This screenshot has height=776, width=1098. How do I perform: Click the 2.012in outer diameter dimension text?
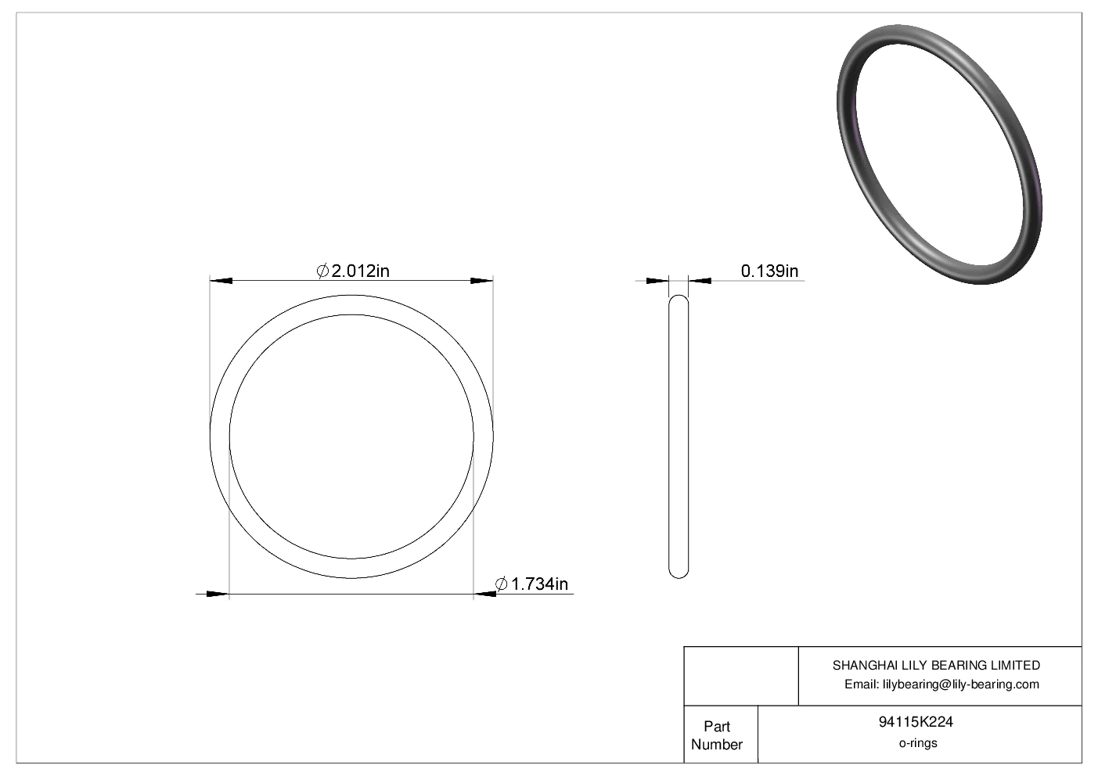click(361, 271)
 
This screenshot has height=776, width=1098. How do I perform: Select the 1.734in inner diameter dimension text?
click(539, 584)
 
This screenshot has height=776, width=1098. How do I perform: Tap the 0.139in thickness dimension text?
click(769, 271)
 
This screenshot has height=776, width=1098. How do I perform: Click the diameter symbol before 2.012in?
click(322, 271)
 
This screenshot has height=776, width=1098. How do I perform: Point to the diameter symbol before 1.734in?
click(502, 584)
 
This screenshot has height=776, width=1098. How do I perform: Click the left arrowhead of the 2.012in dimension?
click(221, 280)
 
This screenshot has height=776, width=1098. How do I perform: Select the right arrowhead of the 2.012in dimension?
click(481, 280)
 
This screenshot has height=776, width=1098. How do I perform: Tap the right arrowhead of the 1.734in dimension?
click(485, 595)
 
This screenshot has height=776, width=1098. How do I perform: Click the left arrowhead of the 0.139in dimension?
click(658, 281)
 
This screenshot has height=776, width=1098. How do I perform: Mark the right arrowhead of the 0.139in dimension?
click(700, 281)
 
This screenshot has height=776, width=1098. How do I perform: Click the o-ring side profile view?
click(679, 436)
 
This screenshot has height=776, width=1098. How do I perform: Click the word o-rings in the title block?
click(917, 743)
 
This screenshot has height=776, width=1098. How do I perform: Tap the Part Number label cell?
click(717, 735)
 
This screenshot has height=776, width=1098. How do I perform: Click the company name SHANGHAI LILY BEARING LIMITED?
click(936, 666)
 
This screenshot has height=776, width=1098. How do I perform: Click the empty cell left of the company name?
click(740, 676)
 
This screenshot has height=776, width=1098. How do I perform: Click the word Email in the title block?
click(861, 684)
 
